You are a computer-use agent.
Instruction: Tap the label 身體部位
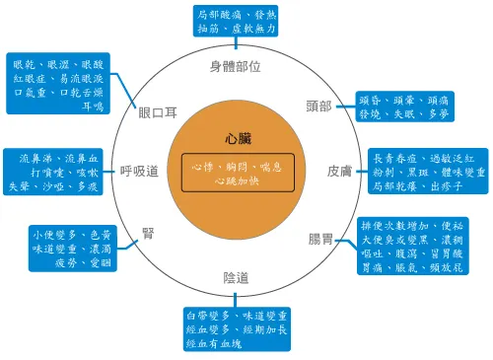[x=236, y=67]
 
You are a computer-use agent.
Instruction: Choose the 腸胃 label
[x=319, y=240]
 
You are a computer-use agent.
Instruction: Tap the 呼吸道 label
[x=140, y=171]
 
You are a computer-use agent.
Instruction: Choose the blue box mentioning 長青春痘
[x=427, y=171]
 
